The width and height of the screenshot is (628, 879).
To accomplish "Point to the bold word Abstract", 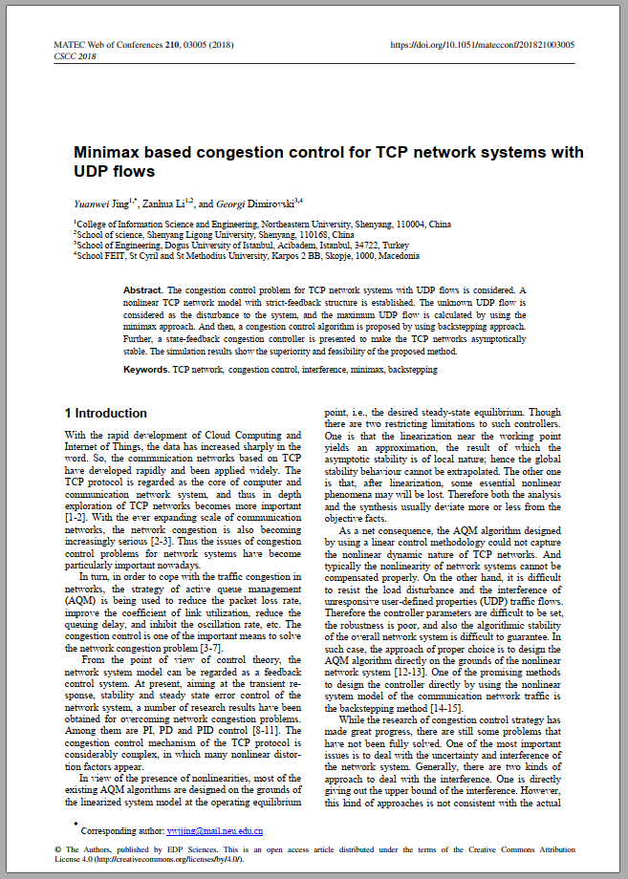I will (143, 289).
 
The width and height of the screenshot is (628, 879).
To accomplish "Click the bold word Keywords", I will (146, 369).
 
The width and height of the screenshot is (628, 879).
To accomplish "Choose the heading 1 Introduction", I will (105, 414).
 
